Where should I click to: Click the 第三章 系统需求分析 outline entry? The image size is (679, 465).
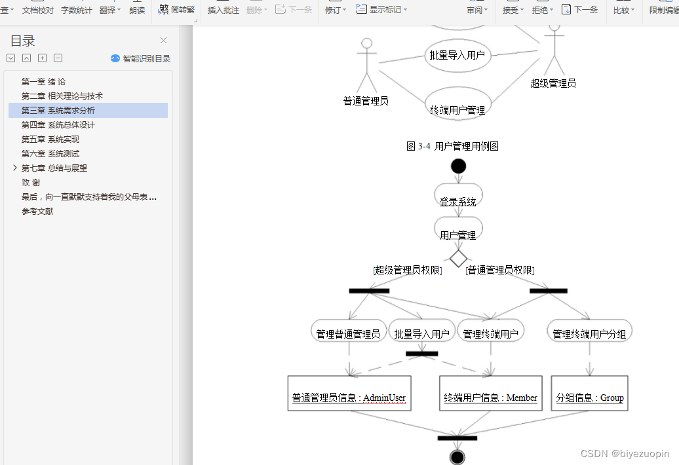(x=58, y=111)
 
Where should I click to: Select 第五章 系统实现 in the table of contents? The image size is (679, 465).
(x=50, y=139)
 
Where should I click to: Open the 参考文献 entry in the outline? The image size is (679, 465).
(x=37, y=212)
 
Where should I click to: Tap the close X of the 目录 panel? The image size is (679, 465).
(x=164, y=41)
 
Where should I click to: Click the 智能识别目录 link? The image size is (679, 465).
(x=141, y=58)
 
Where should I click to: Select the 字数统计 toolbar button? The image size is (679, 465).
(x=77, y=10)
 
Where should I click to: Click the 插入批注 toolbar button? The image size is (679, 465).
(x=223, y=10)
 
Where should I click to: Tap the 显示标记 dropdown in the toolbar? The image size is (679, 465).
(x=381, y=10)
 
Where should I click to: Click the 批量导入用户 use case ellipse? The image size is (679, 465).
(x=457, y=55)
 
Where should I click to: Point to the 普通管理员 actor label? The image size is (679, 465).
(x=366, y=101)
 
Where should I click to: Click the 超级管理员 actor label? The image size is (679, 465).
(x=553, y=83)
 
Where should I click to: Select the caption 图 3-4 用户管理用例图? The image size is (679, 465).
(x=452, y=146)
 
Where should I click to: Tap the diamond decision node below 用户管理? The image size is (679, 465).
(x=459, y=258)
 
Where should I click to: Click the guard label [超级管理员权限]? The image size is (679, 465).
(x=408, y=270)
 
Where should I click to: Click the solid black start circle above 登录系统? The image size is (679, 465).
(x=459, y=166)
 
